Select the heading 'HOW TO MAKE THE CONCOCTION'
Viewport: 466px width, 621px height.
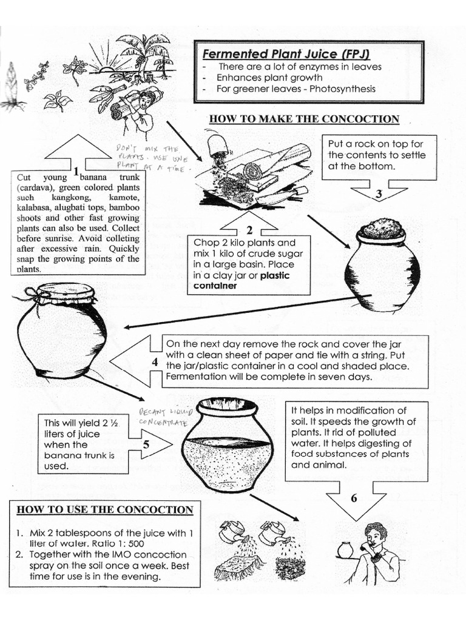pyautogui.click(x=304, y=119)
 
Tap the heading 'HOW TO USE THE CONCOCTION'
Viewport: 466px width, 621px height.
pyautogui.click(x=105, y=509)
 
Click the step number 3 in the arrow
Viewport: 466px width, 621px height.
pyautogui.click(x=378, y=195)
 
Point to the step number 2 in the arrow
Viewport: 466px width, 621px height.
pyautogui.click(x=249, y=230)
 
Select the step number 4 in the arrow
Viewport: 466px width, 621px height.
pyautogui.click(x=155, y=362)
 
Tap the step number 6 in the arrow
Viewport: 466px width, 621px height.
pyautogui.click(x=354, y=498)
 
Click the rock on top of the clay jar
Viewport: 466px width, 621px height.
pyautogui.click(x=381, y=229)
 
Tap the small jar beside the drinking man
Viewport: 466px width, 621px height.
pyautogui.click(x=345, y=550)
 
